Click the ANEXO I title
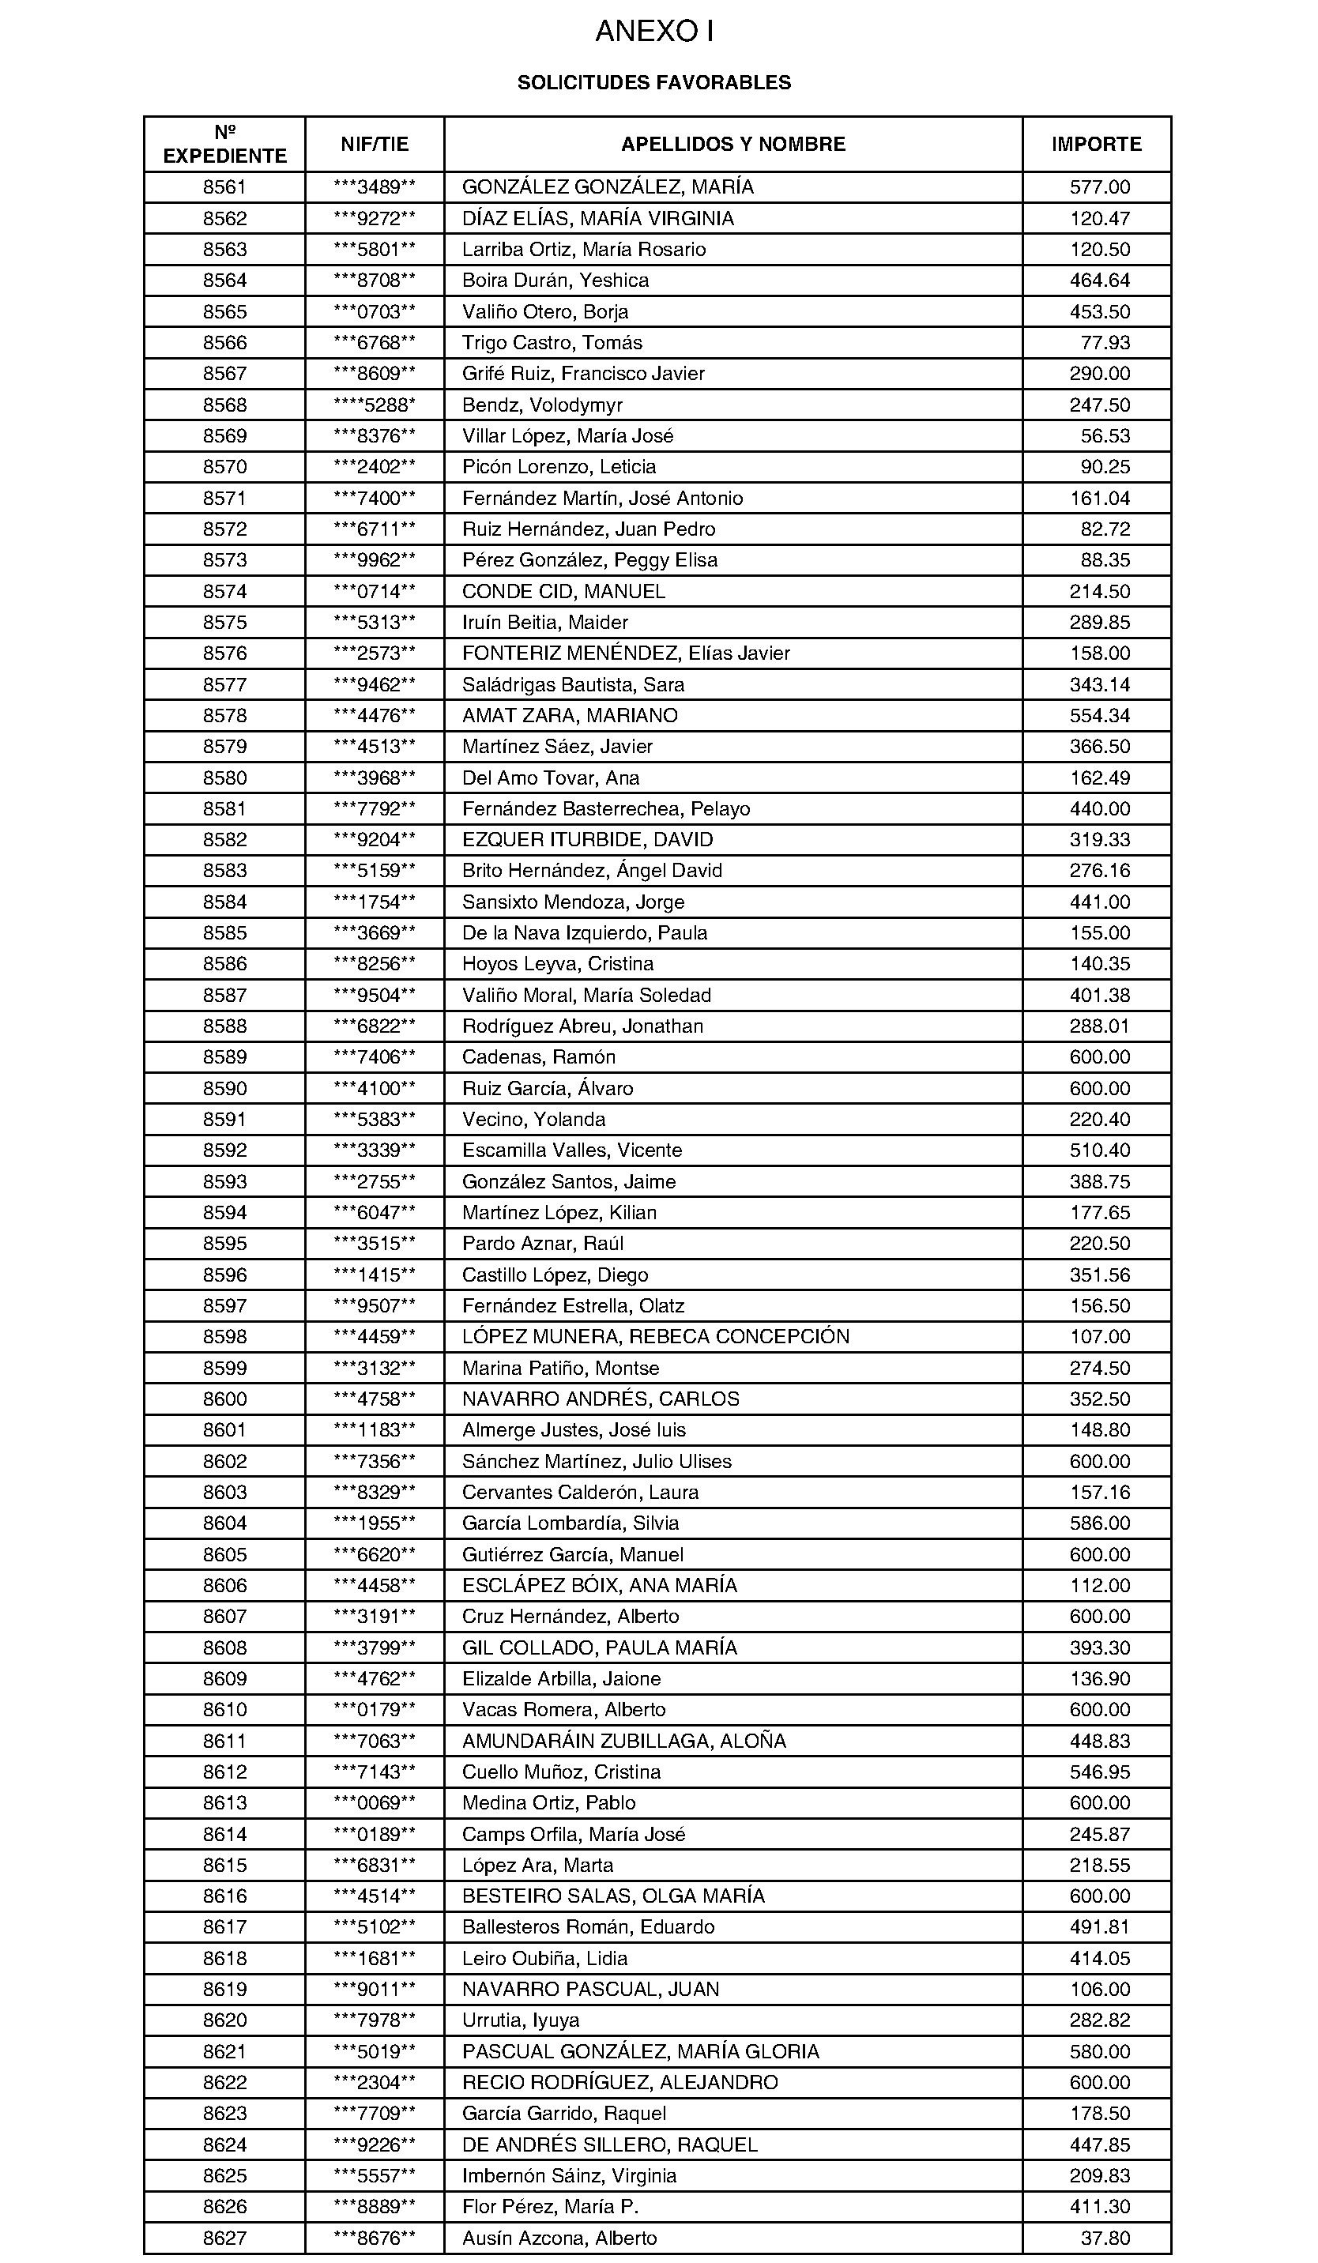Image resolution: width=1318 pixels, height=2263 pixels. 654,32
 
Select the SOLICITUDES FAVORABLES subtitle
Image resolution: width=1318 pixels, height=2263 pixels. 653,83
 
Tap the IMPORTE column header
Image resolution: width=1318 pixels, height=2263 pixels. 1096,144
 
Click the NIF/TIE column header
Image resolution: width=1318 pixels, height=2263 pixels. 375,144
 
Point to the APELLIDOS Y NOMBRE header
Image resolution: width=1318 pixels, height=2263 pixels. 732,144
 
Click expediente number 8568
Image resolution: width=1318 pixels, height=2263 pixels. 224,405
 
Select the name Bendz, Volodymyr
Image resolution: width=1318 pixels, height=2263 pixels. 542,405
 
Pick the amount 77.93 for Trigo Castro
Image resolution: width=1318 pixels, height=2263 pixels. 1105,342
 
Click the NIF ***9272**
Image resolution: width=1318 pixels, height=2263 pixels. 375,218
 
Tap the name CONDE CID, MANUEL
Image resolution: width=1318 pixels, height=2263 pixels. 564,591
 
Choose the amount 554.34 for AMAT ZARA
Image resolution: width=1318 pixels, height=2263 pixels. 1099,716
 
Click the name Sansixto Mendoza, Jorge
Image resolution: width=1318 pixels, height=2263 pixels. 573,902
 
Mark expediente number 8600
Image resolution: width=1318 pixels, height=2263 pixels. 224,1399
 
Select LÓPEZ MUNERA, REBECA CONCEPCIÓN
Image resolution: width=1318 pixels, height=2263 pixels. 655,1336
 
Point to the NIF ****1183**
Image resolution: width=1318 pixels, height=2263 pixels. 375,1429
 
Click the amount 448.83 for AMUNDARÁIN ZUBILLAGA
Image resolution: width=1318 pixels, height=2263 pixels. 1099,1741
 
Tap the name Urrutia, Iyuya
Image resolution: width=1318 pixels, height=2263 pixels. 521,2020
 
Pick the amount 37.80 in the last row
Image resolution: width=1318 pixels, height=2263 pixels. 1105,2238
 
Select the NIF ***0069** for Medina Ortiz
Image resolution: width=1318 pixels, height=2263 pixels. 375,1802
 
